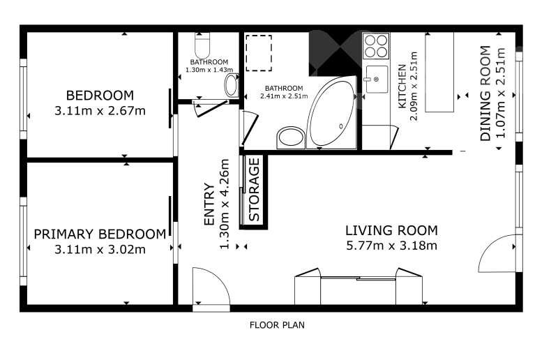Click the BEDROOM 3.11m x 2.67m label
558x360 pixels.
(100, 103)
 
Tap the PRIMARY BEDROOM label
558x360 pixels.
(100, 234)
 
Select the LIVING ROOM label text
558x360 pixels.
(391, 230)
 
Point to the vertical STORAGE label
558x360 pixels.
(254, 190)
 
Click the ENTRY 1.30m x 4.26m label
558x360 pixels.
(217, 204)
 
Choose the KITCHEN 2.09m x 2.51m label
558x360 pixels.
(407, 87)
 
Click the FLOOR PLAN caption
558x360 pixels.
(277, 324)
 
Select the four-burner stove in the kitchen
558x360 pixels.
(376, 46)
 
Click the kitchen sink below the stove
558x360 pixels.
(377, 79)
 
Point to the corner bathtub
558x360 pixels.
(332, 112)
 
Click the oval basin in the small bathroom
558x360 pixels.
(232, 85)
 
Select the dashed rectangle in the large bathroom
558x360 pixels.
(259, 53)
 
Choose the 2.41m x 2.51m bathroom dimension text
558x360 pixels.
(284, 96)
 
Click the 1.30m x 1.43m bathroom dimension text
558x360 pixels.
(209, 70)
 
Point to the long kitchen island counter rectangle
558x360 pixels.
(439, 73)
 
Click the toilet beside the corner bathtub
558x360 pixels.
(291, 137)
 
